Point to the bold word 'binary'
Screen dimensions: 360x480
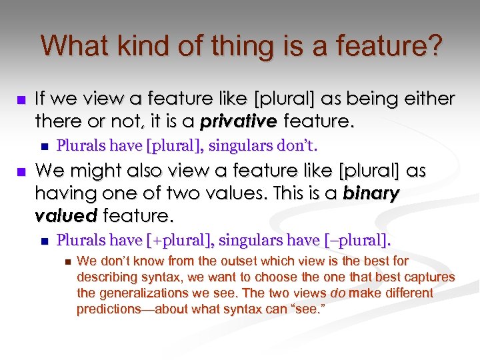(x=371, y=193)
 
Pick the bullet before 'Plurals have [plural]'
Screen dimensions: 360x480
(x=45, y=145)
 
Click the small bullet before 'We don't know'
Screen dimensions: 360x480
(x=65, y=261)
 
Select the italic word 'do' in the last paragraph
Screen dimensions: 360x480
(x=336, y=293)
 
